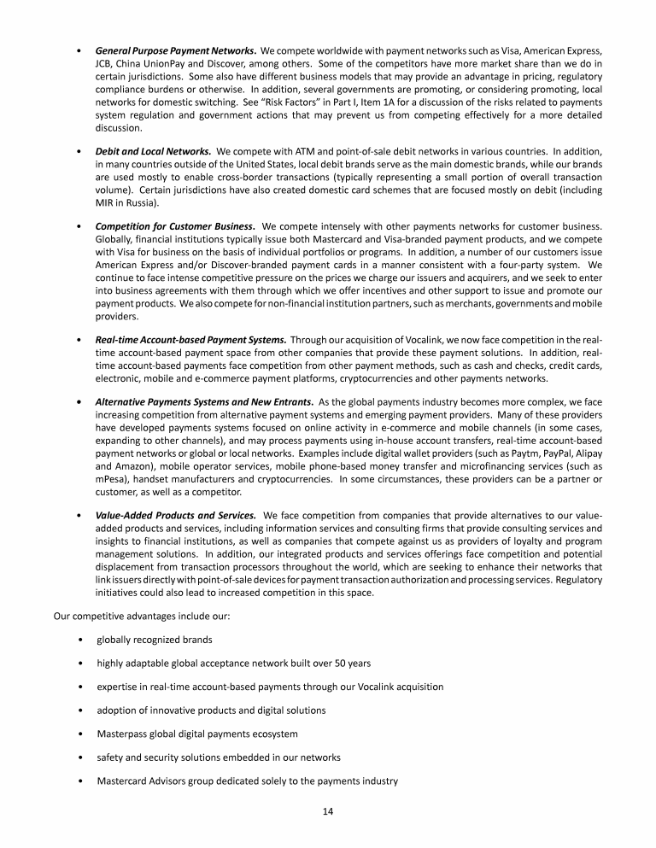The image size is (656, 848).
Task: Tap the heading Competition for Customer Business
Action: click(x=175, y=226)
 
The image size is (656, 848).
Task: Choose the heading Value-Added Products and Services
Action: click(x=175, y=515)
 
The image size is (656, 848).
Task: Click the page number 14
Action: click(x=328, y=810)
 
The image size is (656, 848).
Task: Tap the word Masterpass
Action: click(x=125, y=734)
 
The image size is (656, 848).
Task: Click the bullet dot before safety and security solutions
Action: click(x=79, y=757)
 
